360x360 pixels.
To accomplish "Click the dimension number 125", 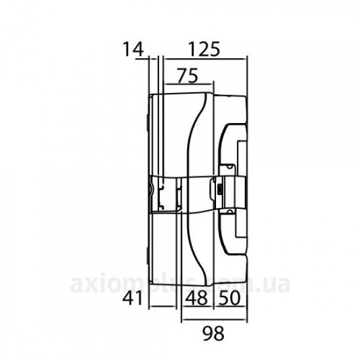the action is pyautogui.click(x=204, y=49).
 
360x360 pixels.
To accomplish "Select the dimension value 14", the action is pyautogui.click(x=133, y=49).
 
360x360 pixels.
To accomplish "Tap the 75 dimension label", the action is pyautogui.click(x=188, y=76).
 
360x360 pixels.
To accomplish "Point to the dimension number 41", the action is pyautogui.click(x=132, y=298).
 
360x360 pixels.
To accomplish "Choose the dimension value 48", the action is pyautogui.click(x=196, y=298).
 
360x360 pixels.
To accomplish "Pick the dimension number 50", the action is pyautogui.click(x=230, y=298).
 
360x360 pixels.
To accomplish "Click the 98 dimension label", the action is pyautogui.click(x=213, y=333).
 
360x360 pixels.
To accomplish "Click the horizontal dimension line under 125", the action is pyautogui.click(x=205, y=58).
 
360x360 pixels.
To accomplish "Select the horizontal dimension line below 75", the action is pyautogui.click(x=188, y=84).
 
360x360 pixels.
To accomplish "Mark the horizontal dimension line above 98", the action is pyautogui.click(x=215, y=320).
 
